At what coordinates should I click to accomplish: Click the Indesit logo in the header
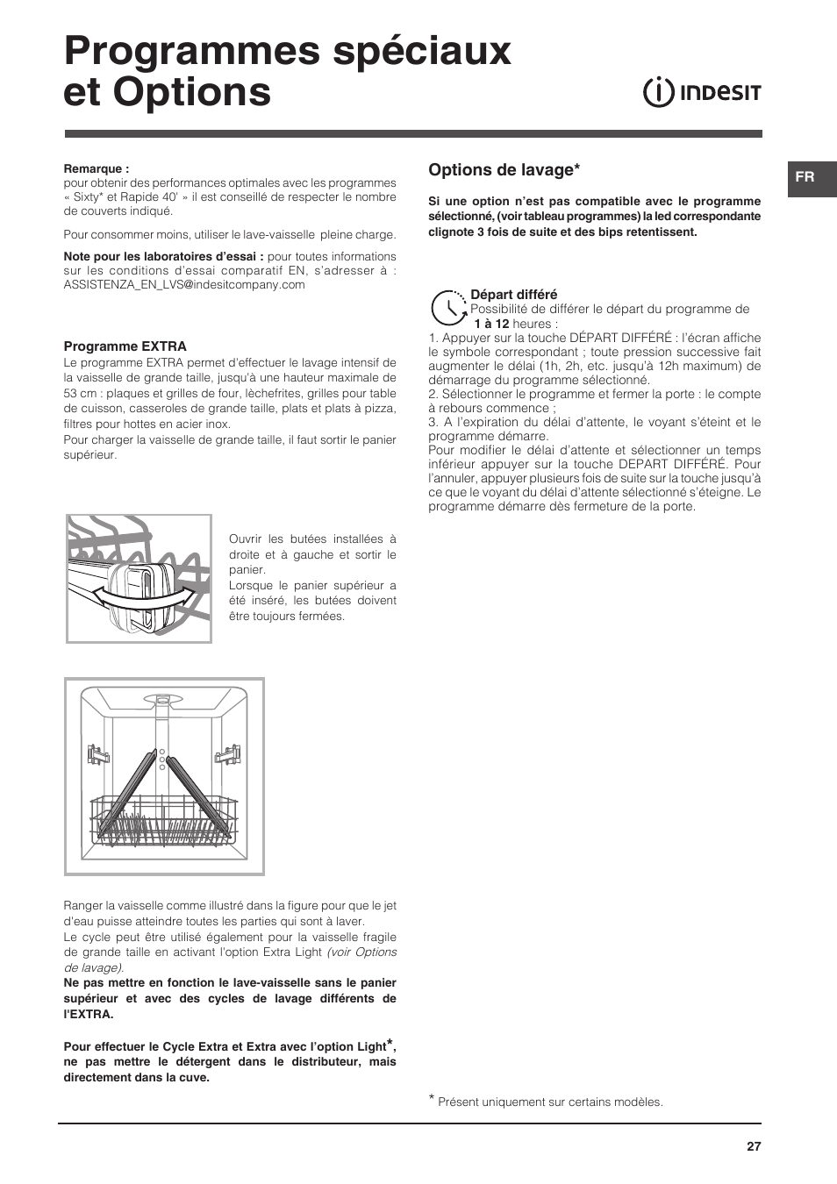pyautogui.click(x=702, y=92)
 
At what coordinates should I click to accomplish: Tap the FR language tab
pyautogui.click(x=805, y=177)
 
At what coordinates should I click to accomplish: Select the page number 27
pyautogui.click(x=754, y=1146)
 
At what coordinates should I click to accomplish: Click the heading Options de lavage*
pyautogui.click(x=504, y=169)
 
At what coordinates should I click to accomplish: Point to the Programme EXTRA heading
pyautogui.click(x=125, y=346)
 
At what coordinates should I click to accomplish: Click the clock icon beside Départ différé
pyautogui.click(x=448, y=308)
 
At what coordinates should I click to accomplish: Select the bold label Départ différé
pyautogui.click(x=513, y=295)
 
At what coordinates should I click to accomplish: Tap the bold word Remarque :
pyautogui.click(x=97, y=169)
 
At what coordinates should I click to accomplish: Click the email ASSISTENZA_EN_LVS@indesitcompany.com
pyautogui.click(x=184, y=284)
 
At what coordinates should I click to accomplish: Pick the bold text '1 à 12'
pyautogui.click(x=491, y=324)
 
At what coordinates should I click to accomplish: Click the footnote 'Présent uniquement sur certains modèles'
pyautogui.click(x=550, y=1102)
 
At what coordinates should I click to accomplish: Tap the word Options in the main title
pyautogui.click(x=192, y=92)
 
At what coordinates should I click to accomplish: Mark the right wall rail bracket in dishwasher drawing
pyautogui.click(x=231, y=753)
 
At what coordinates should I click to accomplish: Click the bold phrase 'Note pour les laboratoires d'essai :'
pyautogui.click(x=163, y=257)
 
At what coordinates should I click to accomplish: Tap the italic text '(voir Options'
pyautogui.click(x=361, y=952)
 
